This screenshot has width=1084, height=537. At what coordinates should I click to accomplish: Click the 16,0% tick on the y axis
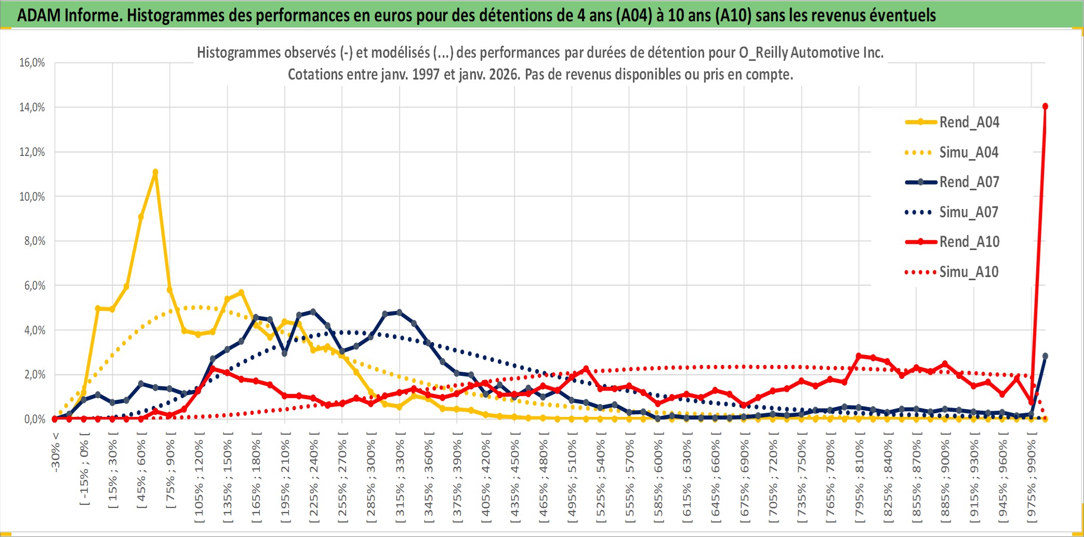point(32,63)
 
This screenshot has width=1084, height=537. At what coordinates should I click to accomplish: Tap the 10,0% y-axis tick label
point(32,197)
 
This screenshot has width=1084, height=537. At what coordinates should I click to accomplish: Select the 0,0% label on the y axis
point(34,419)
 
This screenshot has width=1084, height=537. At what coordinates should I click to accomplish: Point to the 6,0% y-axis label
point(34,285)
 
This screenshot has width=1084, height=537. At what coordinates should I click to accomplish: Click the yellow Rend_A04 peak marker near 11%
point(155,172)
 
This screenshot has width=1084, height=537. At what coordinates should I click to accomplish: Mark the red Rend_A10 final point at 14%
point(1045,107)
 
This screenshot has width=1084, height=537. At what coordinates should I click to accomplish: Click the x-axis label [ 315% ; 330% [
point(400,478)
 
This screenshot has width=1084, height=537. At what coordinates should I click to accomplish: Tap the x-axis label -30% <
point(55,452)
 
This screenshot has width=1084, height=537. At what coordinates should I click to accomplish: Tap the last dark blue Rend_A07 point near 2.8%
point(1045,356)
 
